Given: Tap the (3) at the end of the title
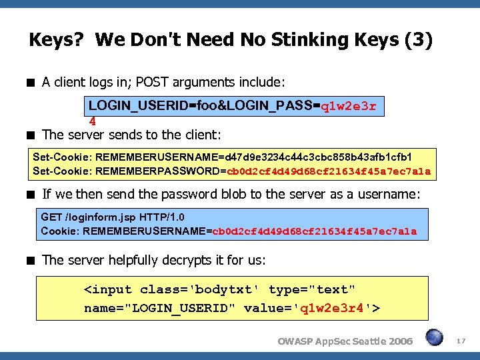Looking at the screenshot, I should pos(418,41).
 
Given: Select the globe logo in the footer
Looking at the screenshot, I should pos(435,338).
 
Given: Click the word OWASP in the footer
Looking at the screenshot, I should pos(295,341).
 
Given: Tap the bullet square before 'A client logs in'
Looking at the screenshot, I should pos(31,83).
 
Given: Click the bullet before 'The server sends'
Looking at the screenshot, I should pos(31,135).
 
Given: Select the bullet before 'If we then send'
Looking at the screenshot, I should pos(31,195).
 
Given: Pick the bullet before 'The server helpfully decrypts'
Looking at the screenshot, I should pos(31,260).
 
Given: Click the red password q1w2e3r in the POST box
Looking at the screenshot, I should pos(349,106).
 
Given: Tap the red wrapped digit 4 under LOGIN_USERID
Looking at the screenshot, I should pos(93,121).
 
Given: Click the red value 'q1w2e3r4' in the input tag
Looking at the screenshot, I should pos(331,308).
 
